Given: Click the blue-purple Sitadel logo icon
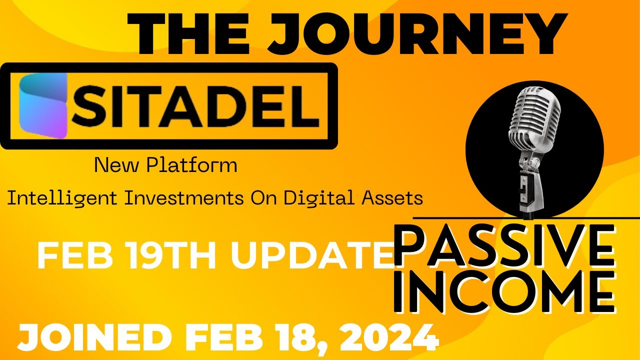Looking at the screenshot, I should tap(43, 105).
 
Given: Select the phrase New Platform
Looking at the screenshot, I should tap(165, 165).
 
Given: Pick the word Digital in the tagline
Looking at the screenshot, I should tap(320, 198).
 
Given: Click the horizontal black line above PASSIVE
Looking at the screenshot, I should tap(525, 218).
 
